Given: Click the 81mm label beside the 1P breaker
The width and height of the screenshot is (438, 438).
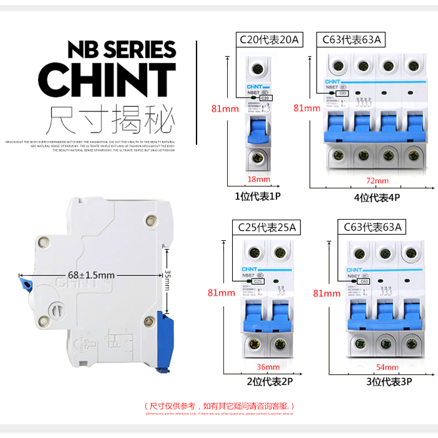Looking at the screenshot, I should point(225,109).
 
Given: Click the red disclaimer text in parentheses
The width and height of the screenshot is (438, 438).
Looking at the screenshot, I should point(219,405).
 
